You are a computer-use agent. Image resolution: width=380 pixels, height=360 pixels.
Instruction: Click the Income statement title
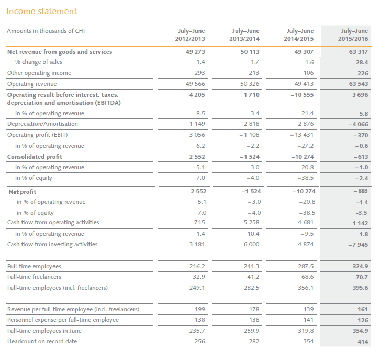click(42, 11)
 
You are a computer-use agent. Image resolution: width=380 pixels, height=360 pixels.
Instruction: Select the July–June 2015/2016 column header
click(354, 35)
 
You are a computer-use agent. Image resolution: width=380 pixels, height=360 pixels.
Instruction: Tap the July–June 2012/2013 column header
click(189, 35)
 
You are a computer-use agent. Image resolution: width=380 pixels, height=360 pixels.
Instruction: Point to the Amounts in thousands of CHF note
click(47, 31)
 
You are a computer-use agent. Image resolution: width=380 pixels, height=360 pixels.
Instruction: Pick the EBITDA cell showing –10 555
click(301, 95)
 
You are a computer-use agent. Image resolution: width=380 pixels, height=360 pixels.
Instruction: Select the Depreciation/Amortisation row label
click(42, 124)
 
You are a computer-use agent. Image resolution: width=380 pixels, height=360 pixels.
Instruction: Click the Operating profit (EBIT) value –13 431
click(301, 135)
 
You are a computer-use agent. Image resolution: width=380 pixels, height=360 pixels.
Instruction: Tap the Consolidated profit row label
click(35, 157)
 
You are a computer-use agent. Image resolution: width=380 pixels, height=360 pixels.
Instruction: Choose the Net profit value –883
click(361, 191)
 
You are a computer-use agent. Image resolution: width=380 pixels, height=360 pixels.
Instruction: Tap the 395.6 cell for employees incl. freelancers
click(360, 288)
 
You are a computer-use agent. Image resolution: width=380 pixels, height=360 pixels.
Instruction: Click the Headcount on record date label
click(42, 341)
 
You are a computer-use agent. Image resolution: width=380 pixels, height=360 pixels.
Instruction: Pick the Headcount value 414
click(362, 341)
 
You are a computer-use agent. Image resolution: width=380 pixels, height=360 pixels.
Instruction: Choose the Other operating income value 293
click(198, 73)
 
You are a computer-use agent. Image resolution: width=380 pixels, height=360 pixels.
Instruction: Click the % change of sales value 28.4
click(362, 62)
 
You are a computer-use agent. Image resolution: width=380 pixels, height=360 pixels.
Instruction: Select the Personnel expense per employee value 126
click(362, 320)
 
